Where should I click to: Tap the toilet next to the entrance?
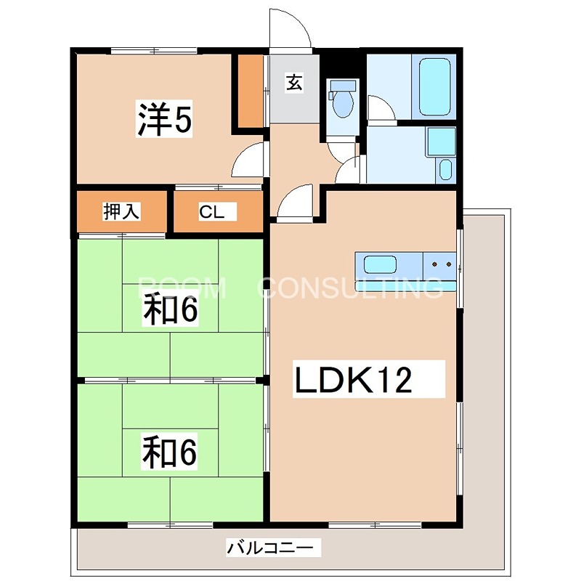coord(341,100)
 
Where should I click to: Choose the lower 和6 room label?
coord(170,452)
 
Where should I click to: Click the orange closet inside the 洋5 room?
coord(251,91)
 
